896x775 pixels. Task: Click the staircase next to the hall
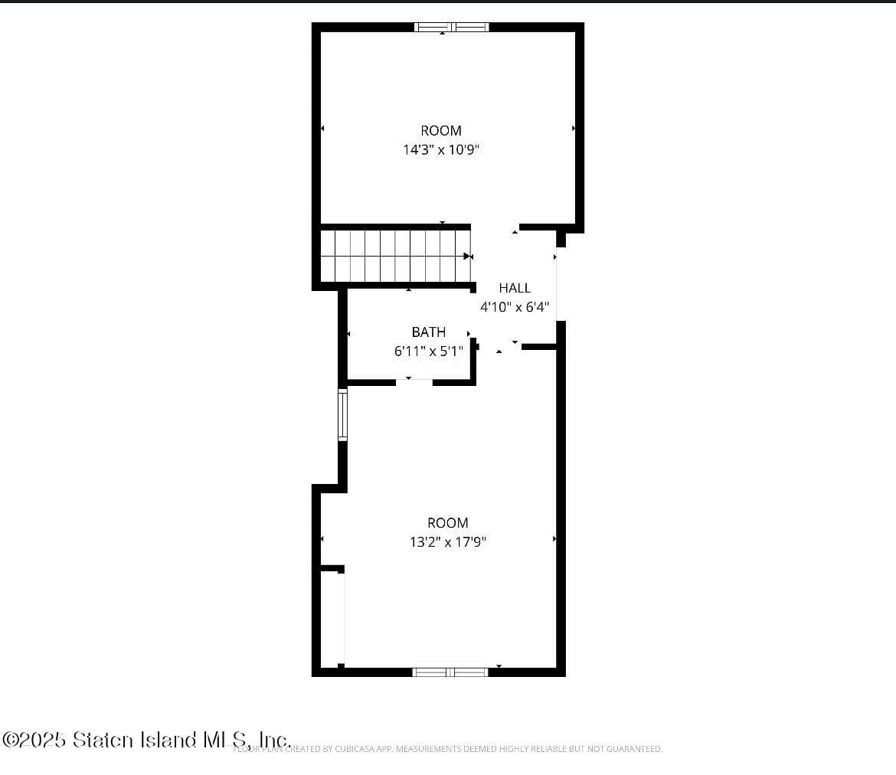click(x=394, y=257)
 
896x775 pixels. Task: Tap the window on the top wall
click(x=452, y=28)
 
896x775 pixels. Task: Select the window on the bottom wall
click(x=450, y=672)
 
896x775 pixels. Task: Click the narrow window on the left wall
click(x=342, y=414)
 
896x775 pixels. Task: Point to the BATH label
click(x=429, y=332)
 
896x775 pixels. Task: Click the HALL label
click(x=515, y=288)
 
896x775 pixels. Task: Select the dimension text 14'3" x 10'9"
click(x=441, y=150)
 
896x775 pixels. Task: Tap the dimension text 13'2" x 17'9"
click(x=448, y=542)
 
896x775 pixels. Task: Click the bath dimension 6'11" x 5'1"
click(x=429, y=352)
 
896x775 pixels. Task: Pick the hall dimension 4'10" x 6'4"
click(x=515, y=307)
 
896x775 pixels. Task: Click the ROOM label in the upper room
click(x=441, y=130)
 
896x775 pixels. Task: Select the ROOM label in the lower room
click(x=448, y=522)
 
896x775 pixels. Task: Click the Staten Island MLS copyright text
click(x=146, y=740)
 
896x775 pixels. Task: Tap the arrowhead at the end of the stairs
click(x=467, y=257)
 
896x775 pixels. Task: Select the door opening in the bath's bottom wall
click(x=414, y=381)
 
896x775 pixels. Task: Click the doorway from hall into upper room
click(x=495, y=228)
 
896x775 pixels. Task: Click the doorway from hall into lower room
click(x=500, y=347)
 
